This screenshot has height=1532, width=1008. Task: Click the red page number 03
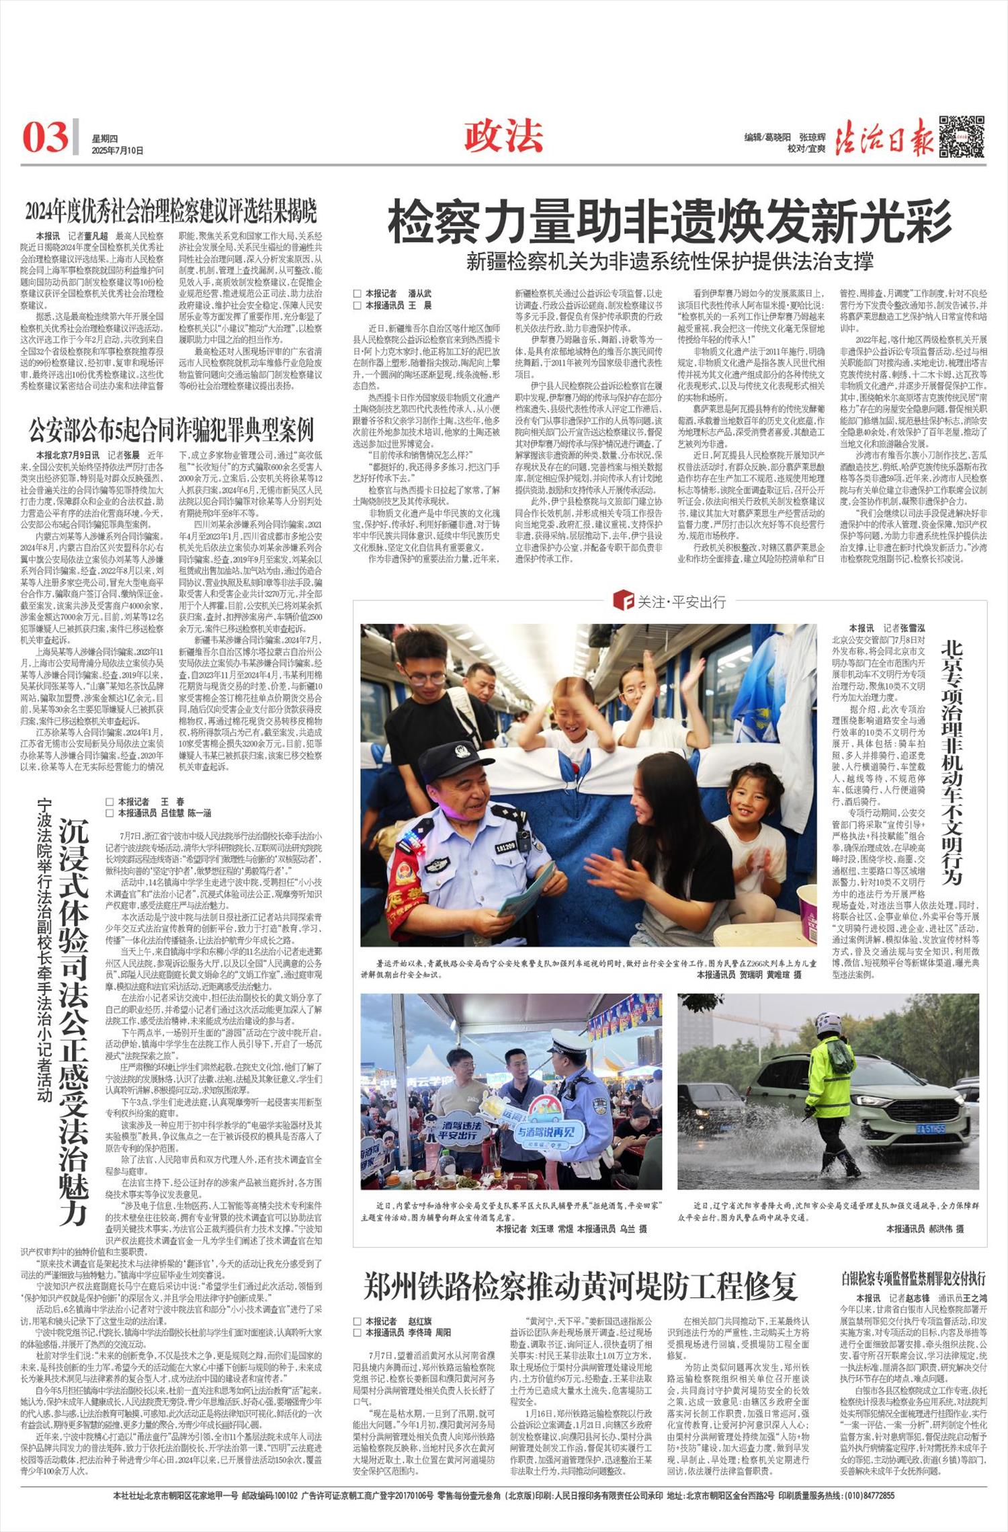[46, 136]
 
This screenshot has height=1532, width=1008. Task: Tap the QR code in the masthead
[962, 136]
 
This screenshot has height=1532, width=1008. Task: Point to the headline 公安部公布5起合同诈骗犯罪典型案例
[171, 428]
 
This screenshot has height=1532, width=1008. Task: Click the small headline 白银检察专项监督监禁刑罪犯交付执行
[913, 1277]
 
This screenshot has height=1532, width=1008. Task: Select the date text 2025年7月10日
[118, 151]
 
